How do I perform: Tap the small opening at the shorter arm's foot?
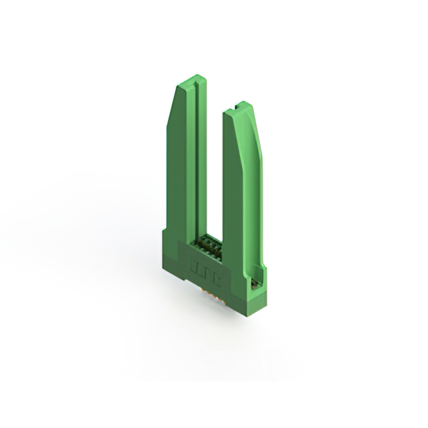coord(254,283)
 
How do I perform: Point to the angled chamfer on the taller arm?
coord(171,107)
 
